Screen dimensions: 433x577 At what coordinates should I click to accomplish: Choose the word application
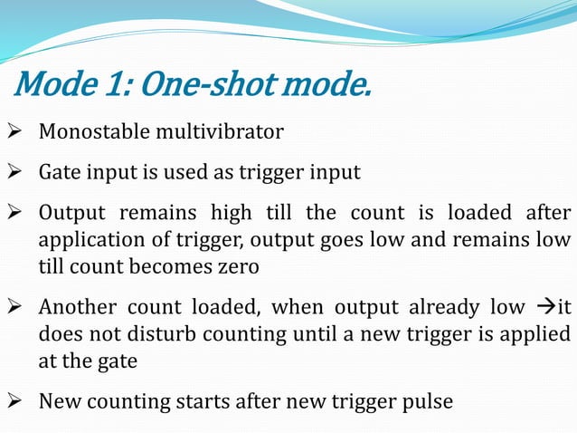[x=89, y=240]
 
